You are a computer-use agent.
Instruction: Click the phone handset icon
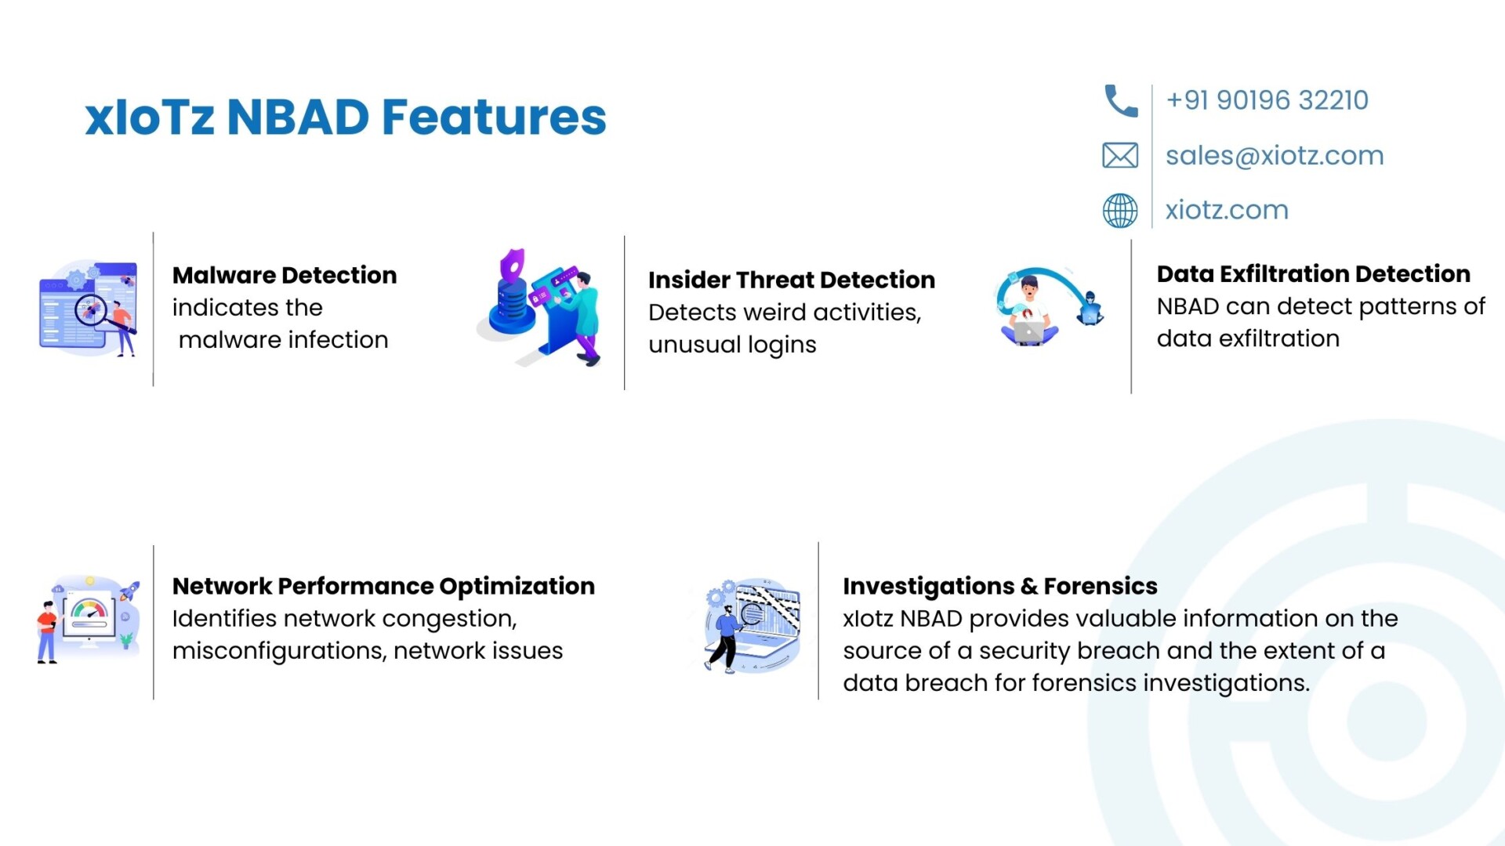click(1120, 101)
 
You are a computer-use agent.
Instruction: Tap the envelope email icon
click(1120, 156)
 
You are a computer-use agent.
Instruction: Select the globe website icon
click(1120, 211)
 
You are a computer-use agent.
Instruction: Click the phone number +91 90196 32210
click(1267, 100)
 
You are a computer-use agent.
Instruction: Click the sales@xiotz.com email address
click(1275, 156)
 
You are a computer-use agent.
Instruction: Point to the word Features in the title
click(494, 117)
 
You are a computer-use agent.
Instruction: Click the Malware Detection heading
click(285, 275)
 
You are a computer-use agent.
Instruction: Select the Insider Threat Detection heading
click(792, 280)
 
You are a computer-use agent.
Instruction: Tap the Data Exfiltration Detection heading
click(1314, 273)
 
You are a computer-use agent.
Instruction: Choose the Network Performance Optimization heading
click(383, 586)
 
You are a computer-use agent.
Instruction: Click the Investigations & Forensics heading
click(1000, 586)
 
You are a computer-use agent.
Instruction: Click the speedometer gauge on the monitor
click(89, 610)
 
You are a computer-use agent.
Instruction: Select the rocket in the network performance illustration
click(129, 591)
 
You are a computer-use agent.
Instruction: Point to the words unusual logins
click(732, 345)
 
